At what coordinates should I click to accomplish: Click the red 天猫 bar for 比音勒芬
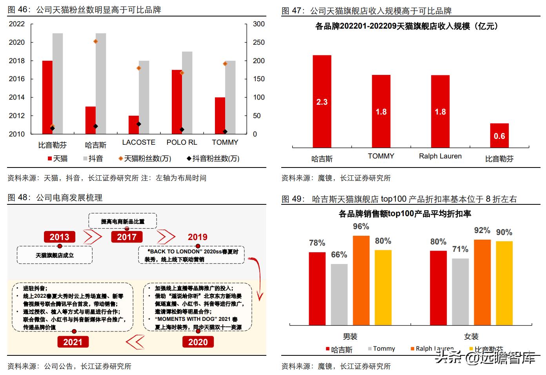(x=47, y=97)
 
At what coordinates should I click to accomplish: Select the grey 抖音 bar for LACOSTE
(x=144, y=97)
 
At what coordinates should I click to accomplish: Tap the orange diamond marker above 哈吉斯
(x=96, y=41)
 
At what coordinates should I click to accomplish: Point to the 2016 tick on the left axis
(x=16, y=79)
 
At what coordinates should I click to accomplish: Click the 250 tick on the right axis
(x=258, y=42)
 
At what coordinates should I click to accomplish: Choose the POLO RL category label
(x=182, y=142)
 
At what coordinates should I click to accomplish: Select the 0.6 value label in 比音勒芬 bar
(x=499, y=136)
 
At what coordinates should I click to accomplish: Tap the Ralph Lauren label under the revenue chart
(x=440, y=156)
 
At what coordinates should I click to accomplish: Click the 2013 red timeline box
(x=59, y=237)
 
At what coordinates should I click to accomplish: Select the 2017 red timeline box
(x=127, y=237)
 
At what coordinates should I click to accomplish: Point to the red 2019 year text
(x=197, y=237)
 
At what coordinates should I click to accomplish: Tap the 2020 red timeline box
(x=198, y=342)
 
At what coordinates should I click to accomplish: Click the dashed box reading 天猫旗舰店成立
(x=55, y=255)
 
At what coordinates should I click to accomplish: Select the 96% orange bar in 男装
(x=361, y=280)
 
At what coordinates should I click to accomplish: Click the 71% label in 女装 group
(x=460, y=249)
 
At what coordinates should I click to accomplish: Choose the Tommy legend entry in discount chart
(x=381, y=349)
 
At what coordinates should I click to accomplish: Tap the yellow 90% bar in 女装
(x=504, y=283)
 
